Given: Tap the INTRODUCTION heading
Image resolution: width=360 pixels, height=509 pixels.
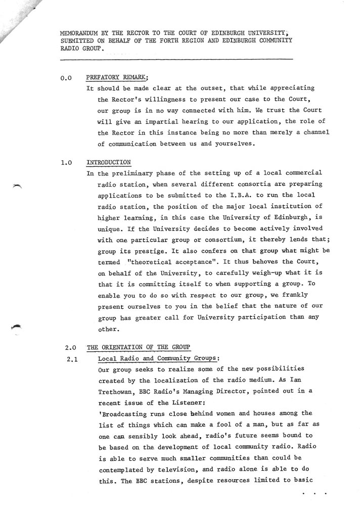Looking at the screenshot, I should coord(109,162).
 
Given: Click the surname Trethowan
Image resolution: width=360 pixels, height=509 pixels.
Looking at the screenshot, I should coord(118,391).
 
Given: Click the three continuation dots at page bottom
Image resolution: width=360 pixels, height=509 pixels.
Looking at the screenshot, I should coord(314,492).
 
